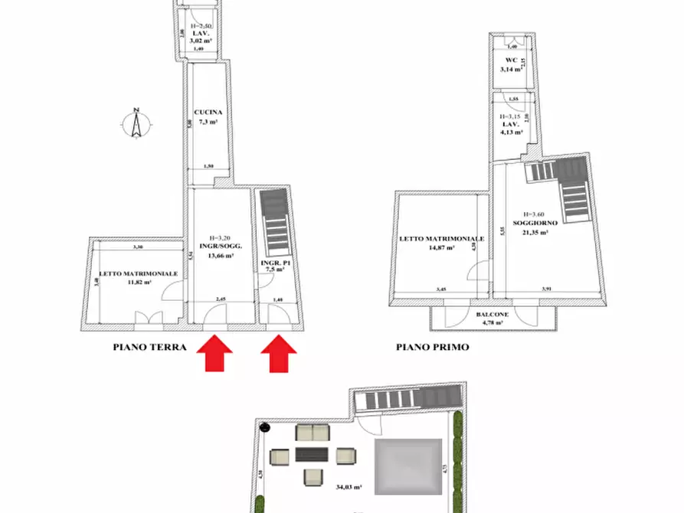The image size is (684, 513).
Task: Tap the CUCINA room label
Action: coord(208,112)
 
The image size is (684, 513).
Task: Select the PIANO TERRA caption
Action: coord(149,347)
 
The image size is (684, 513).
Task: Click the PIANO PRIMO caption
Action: coord(432,347)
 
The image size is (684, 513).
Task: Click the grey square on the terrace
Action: coord(408,462)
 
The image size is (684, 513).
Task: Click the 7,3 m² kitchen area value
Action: coord(208,121)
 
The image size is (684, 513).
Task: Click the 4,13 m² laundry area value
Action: coord(511,132)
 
